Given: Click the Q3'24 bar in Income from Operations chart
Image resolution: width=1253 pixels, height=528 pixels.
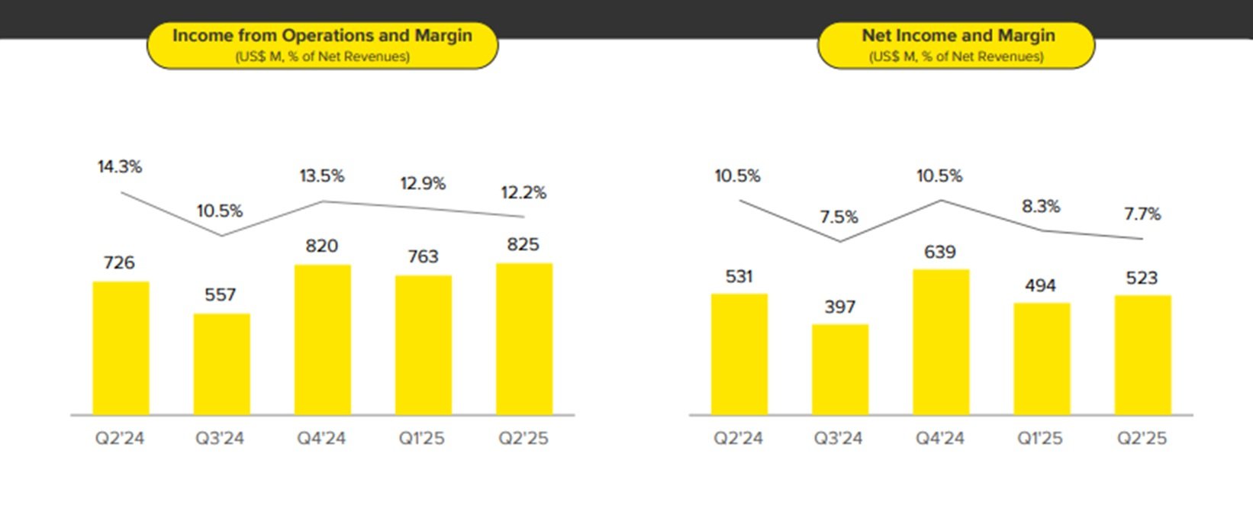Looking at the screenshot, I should [221, 364].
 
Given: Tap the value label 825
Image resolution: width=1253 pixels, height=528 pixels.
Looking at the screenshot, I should [523, 245].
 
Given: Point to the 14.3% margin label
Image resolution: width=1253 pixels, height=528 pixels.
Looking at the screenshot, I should [120, 167].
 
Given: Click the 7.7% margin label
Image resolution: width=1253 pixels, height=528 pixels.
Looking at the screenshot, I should [1142, 214].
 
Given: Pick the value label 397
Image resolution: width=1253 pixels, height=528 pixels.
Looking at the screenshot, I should [839, 307].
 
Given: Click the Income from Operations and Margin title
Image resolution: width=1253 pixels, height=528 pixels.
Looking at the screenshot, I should [322, 36].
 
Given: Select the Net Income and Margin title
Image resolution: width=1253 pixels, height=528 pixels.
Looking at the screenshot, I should [958, 36].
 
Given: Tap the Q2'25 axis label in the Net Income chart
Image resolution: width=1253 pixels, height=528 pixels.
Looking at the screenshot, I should [1142, 439].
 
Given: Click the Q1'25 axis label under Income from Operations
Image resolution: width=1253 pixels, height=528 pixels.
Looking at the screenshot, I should [421, 439].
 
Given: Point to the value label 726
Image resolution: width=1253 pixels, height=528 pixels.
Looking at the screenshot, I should [119, 263].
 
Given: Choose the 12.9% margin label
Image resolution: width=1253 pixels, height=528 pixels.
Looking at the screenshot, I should [423, 184].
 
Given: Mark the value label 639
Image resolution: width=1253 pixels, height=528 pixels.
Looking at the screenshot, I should [939, 253].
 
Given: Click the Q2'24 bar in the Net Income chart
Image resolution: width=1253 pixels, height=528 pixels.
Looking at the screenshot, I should [739, 354].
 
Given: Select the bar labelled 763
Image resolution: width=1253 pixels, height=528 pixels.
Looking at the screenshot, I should [423, 345].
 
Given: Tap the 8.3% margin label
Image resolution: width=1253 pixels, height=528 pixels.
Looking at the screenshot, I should [1041, 207].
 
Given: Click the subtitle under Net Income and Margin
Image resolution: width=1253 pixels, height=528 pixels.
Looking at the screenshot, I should [956, 56].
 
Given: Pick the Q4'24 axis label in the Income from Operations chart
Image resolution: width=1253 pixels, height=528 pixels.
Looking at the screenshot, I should [321, 439].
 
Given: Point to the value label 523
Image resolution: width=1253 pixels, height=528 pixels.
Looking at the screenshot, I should [1142, 278].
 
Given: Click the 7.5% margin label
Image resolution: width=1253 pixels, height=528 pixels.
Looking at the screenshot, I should [839, 217].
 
